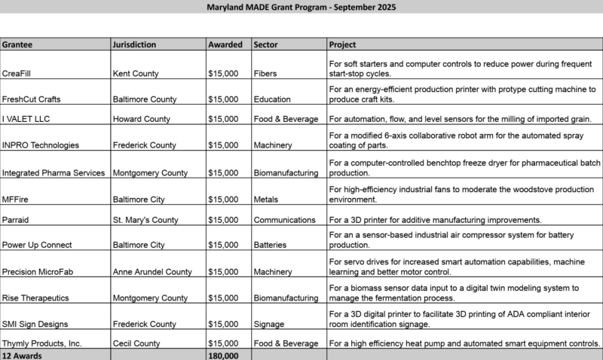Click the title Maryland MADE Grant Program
[x=301, y=7]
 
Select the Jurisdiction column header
[x=135, y=44]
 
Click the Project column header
[x=343, y=44]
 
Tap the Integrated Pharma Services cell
[x=54, y=172]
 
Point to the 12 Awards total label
[x=22, y=355]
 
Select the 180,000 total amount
[x=223, y=355]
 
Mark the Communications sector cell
[x=285, y=221]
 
